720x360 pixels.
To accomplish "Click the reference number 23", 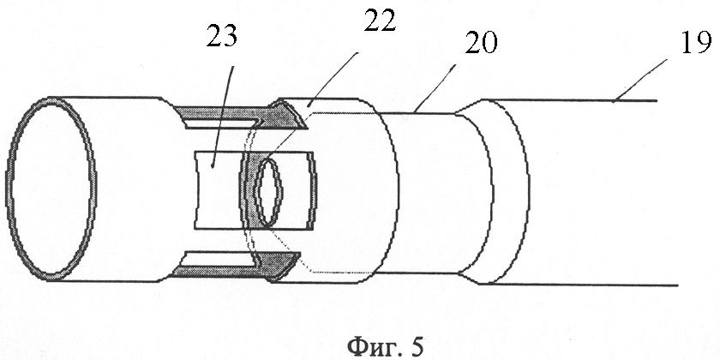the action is [x=222, y=36].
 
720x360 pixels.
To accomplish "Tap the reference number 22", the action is [x=379, y=21].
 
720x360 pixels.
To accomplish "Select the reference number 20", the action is [x=481, y=43].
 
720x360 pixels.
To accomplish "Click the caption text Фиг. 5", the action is [x=385, y=346].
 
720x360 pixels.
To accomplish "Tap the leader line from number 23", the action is [x=222, y=117].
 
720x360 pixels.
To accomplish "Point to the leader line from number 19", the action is [x=640, y=81].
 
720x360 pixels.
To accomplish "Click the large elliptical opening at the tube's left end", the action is [x=51, y=189].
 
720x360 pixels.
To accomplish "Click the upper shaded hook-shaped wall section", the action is [x=240, y=115].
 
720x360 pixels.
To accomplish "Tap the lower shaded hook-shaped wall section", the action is [x=238, y=267].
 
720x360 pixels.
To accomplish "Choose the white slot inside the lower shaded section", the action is [x=219, y=259].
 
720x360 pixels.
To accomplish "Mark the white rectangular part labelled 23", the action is [x=217, y=190].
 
